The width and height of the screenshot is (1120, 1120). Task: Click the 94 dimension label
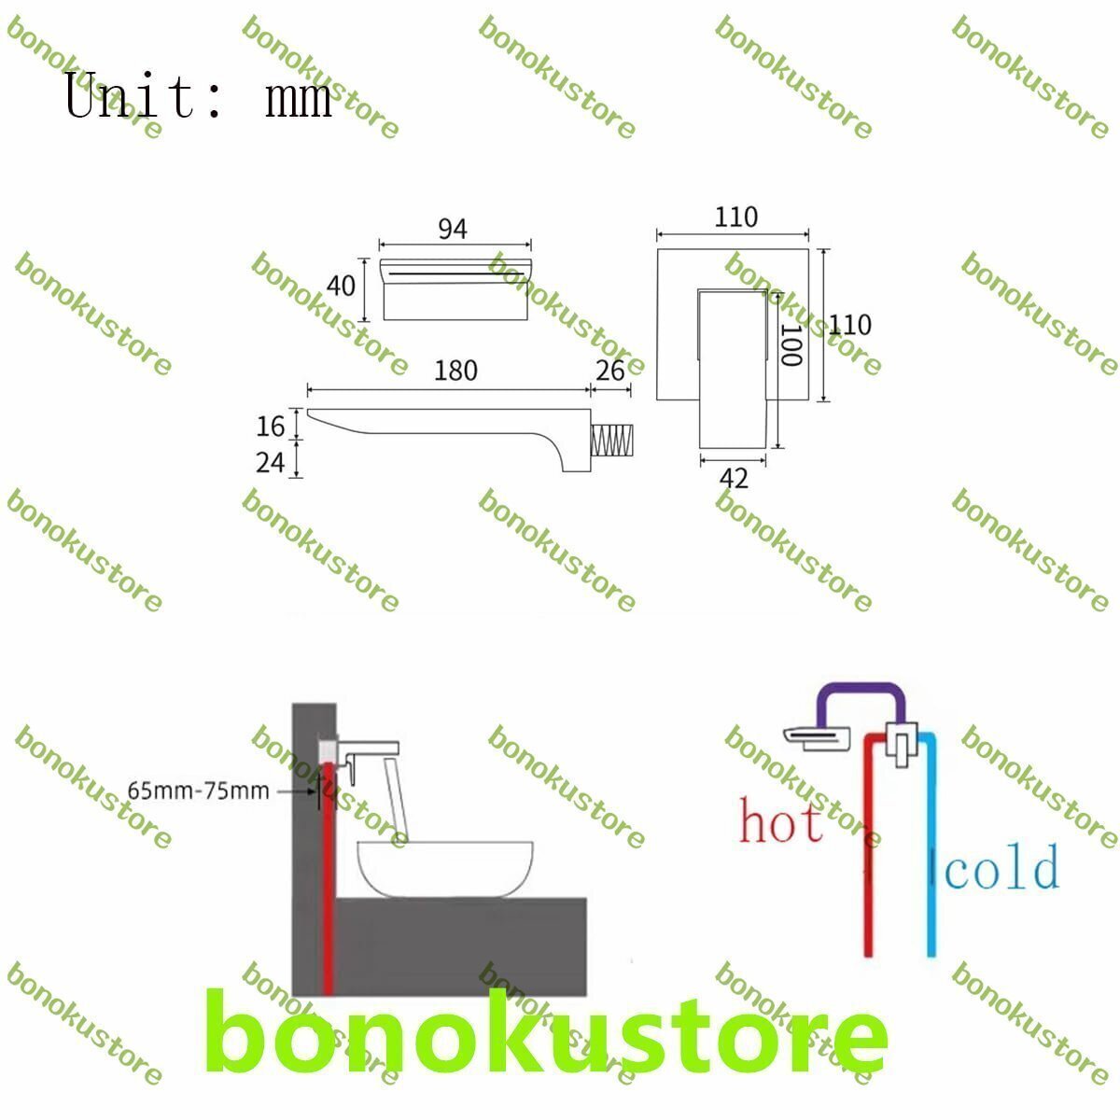pyautogui.click(x=452, y=229)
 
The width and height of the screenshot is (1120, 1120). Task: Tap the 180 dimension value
pyautogui.click(x=455, y=371)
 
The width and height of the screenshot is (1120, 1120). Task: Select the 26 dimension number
pyautogui.click(x=609, y=371)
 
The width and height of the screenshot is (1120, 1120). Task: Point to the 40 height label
pyautogui.click(x=341, y=286)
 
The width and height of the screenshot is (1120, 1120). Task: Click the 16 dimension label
pyautogui.click(x=271, y=426)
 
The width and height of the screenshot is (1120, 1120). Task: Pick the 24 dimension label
pyautogui.click(x=271, y=463)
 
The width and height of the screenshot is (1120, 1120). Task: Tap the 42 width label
pyautogui.click(x=734, y=479)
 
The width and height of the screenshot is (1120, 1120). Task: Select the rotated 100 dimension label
pyautogui.click(x=791, y=344)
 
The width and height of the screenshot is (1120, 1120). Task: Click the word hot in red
pyautogui.click(x=780, y=820)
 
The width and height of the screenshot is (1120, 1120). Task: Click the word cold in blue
pyautogui.click(x=1001, y=867)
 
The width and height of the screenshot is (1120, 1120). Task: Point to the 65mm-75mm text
pyautogui.click(x=198, y=791)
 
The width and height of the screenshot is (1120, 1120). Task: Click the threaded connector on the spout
pyautogui.click(x=611, y=441)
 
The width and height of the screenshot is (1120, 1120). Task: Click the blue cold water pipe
pyautogui.click(x=931, y=844)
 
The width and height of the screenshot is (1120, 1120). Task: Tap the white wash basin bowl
pyautogui.click(x=444, y=869)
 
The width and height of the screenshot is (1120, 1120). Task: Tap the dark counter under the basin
pyautogui.click(x=460, y=946)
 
